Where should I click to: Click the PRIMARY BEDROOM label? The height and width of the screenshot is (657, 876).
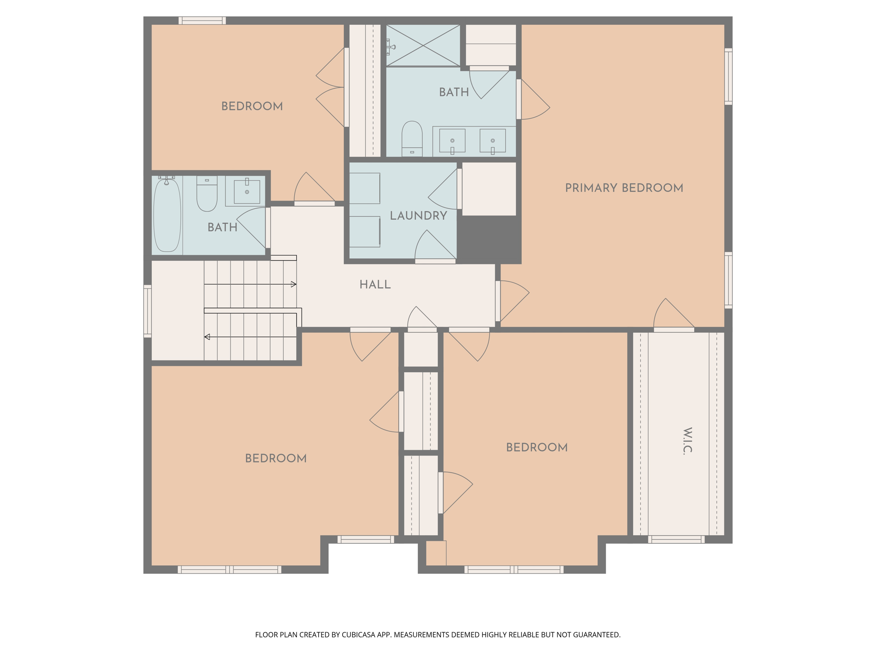624,188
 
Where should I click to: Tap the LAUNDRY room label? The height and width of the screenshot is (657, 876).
418,216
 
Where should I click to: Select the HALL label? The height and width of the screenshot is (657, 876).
375,285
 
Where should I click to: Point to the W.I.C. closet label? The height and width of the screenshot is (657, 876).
687,440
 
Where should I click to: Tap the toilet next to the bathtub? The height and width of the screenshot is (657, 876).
207,195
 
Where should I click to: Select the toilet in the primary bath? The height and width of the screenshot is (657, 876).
412,138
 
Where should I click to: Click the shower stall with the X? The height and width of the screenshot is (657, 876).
423,45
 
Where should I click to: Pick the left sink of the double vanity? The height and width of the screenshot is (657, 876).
452,141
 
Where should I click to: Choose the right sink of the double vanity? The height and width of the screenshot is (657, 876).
492,141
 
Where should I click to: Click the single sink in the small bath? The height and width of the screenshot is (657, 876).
247,192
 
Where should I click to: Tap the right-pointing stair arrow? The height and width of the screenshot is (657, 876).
293,284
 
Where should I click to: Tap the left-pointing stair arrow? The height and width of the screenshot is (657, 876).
207,337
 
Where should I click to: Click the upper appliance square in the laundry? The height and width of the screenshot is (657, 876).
364,188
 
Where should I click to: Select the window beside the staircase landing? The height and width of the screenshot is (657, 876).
147,311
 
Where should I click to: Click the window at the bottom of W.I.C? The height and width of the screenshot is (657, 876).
676,539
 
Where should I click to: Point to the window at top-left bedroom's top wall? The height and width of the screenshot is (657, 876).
202,20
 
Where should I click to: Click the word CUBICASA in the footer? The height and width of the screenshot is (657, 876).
358,635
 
